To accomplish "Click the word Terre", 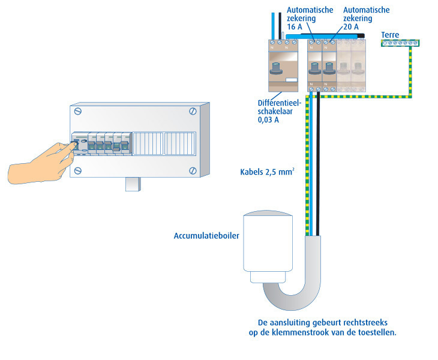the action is tap(390, 35).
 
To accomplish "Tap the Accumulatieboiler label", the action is tap(206, 236).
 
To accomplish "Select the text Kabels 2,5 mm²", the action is tap(267, 172).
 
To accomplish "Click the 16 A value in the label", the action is tap(295, 27).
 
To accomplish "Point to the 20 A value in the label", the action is tap(351, 27).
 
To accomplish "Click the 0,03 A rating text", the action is tap(268, 120).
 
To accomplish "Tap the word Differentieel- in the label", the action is tap(280, 103).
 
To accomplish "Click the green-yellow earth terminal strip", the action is tap(400, 43).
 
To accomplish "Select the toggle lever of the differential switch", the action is tap(276, 69).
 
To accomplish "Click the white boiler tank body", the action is tap(268, 242).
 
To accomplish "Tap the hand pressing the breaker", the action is tap(42, 163).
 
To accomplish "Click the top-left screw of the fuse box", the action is tap(78, 112).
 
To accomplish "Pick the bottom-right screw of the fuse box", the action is tap(193, 170).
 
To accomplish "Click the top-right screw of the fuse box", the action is tap(193, 111).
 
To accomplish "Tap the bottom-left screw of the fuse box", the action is tap(78, 170).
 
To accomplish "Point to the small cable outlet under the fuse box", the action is tap(133, 184).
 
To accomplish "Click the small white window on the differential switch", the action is tap(292, 80).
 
